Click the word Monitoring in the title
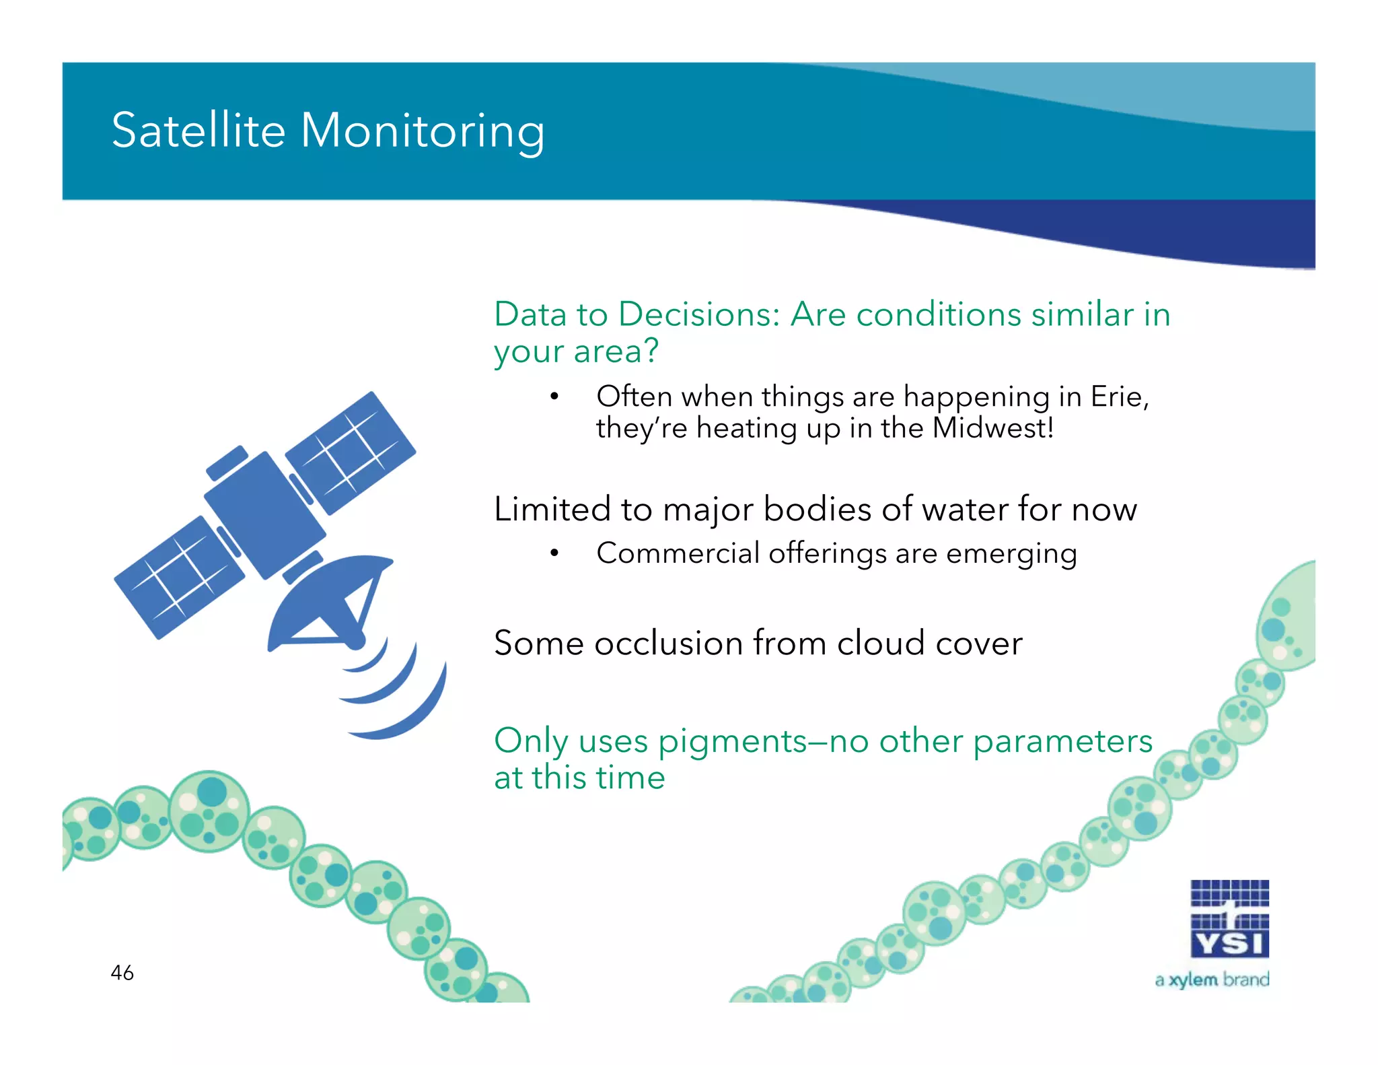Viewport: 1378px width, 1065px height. pos(422,131)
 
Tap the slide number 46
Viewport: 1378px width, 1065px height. pos(122,972)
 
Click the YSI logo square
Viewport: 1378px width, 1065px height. pos(1229,919)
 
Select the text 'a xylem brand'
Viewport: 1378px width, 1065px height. pos(1212,980)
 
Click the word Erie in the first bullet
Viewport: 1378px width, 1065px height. pos(1118,396)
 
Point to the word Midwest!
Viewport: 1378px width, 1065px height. pos(993,428)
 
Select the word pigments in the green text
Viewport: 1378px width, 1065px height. pos(732,742)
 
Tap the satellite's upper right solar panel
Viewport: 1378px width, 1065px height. pos(351,452)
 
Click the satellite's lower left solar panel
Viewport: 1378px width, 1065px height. pos(179,577)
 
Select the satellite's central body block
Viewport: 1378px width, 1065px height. pos(264,514)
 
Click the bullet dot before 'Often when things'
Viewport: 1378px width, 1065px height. pos(554,397)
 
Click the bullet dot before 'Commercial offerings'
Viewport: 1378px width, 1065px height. pos(554,553)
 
